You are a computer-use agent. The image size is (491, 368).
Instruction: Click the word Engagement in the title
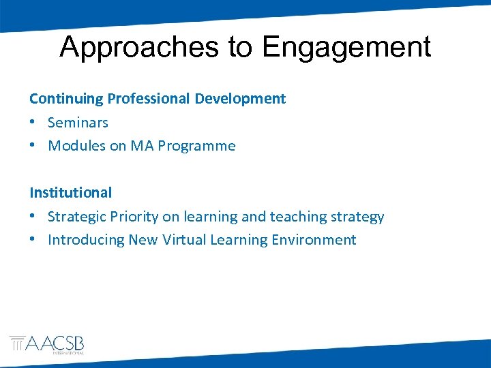tap(346, 48)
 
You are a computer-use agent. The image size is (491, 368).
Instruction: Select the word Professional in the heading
tap(148, 99)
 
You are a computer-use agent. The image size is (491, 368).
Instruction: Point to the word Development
tap(240, 99)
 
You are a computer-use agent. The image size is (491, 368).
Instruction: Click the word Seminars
tap(78, 123)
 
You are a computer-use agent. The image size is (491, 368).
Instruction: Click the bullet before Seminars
tap(33, 123)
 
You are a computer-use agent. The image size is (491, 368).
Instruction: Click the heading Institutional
tap(70, 193)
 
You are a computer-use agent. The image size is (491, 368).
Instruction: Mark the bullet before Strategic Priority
tap(33, 217)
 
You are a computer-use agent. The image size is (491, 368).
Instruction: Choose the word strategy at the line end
tap(358, 217)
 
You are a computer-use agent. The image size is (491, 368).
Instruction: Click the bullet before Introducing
tap(33, 240)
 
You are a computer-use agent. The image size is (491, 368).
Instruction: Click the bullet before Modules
tap(33, 146)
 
